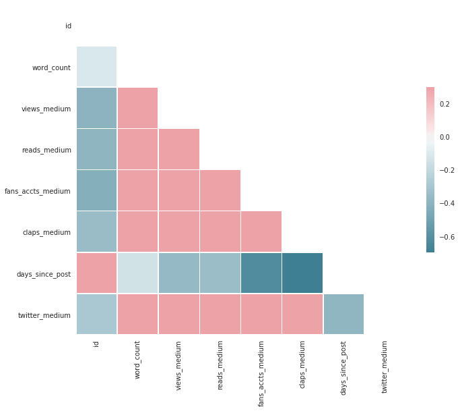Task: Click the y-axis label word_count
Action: click(x=51, y=67)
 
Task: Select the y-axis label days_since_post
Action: click(x=44, y=274)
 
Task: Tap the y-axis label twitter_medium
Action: click(x=46, y=315)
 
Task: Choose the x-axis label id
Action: click(x=96, y=344)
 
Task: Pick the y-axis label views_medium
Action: click(x=46, y=109)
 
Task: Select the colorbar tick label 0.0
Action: click(x=444, y=137)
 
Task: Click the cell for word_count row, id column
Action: click(x=96, y=67)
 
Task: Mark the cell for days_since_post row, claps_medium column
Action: click(x=302, y=273)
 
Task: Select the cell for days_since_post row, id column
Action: click(x=96, y=273)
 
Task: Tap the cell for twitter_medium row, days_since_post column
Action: click(x=343, y=314)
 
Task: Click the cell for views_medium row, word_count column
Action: click(x=137, y=108)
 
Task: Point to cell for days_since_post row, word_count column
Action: click(x=137, y=273)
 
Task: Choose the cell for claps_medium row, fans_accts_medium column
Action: click(x=261, y=231)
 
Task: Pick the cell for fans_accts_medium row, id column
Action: click(x=96, y=190)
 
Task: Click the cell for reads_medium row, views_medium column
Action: click(x=178, y=149)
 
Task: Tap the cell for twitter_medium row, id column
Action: click(x=96, y=314)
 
